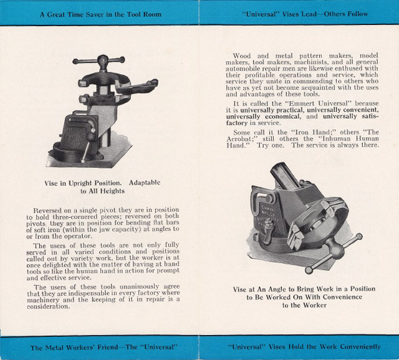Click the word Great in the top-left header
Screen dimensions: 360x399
(59, 13)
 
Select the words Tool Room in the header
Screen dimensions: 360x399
(147, 13)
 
